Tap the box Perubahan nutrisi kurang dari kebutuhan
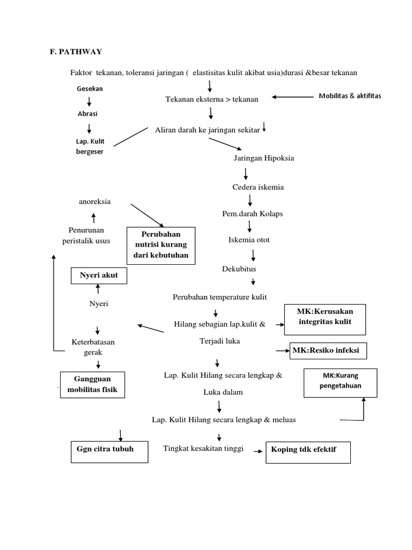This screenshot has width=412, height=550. pos(161,245)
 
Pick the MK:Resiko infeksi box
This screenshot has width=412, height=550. pos(329,352)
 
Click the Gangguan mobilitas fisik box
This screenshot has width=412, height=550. pos(93,385)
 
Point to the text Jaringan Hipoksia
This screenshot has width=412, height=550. pos(264,158)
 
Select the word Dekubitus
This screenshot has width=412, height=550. pos(239,269)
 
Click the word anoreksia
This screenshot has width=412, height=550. pos(95,202)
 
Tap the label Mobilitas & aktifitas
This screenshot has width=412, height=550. pos(350,96)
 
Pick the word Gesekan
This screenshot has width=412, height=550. pos(90,88)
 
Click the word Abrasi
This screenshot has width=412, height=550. pos(88,114)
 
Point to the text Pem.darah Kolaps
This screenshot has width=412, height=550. pos(252,214)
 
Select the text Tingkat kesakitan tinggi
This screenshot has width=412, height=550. pos(203,449)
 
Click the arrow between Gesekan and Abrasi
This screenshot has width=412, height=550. pos(89,101)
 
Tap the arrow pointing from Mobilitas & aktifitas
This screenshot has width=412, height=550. pos(292,97)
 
